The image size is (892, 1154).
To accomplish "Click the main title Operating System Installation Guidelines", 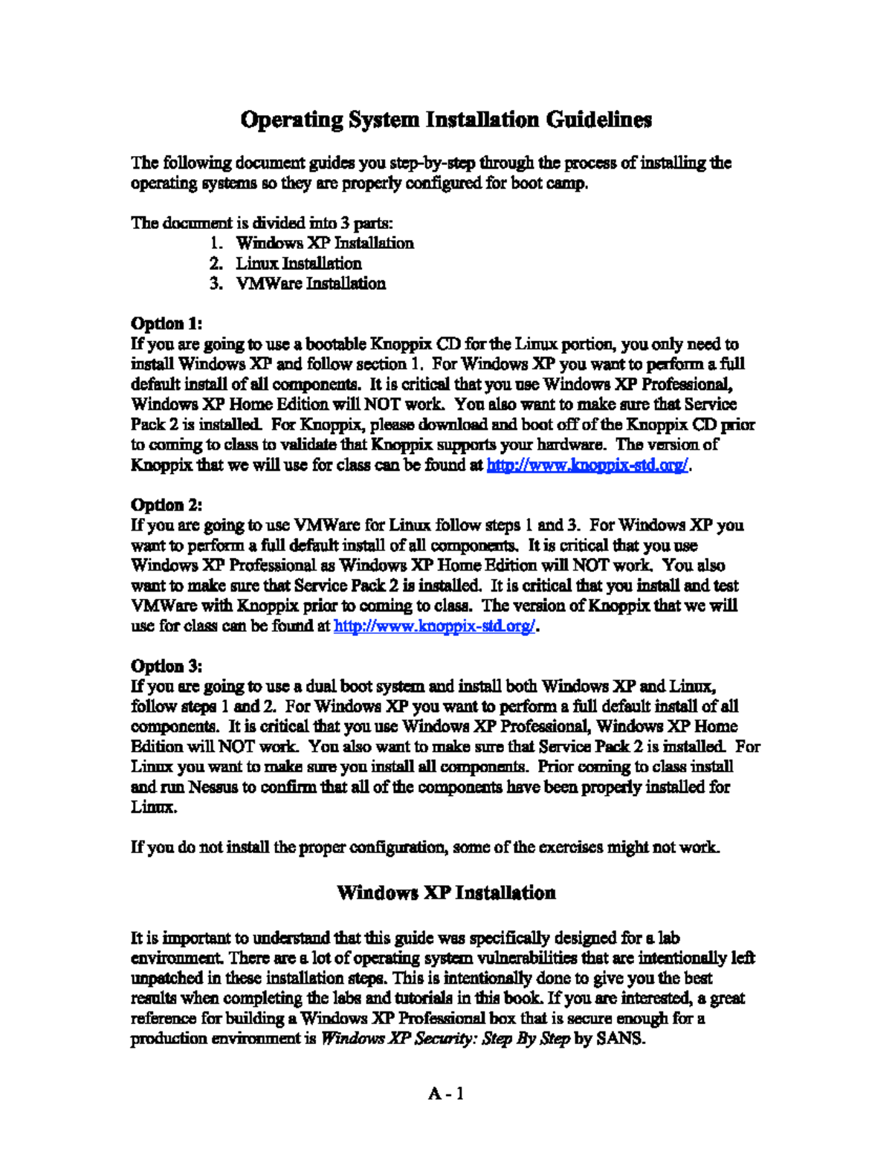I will (x=446, y=120).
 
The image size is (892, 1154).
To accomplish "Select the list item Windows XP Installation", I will (x=324, y=243).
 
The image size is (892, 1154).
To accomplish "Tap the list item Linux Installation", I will (x=298, y=263).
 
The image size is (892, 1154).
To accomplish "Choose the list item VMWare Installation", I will (x=310, y=283).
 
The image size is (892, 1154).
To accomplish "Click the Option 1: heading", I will (x=167, y=323).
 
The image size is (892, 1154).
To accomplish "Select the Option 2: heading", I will (x=167, y=505).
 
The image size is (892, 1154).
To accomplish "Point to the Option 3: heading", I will (x=167, y=666).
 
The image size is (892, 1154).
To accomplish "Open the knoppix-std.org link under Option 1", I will (x=587, y=465).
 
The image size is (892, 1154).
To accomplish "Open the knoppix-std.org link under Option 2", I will (x=434, y=626).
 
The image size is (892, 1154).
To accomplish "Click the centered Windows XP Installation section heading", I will (x=446, y=892).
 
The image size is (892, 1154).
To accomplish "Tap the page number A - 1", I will (x=446, y=1093).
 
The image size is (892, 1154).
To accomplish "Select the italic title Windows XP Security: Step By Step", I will (x=445, y=1038).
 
